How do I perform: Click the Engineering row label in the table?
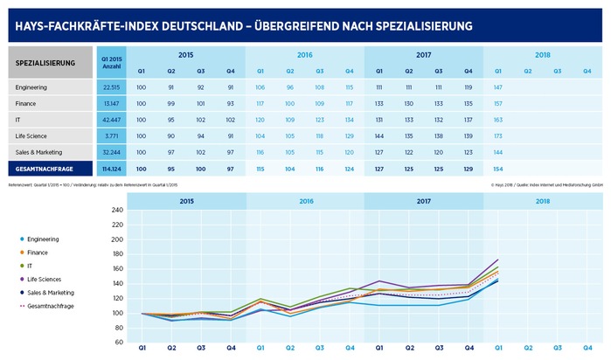click(32, 87)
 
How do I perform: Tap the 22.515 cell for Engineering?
click(112, 87)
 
